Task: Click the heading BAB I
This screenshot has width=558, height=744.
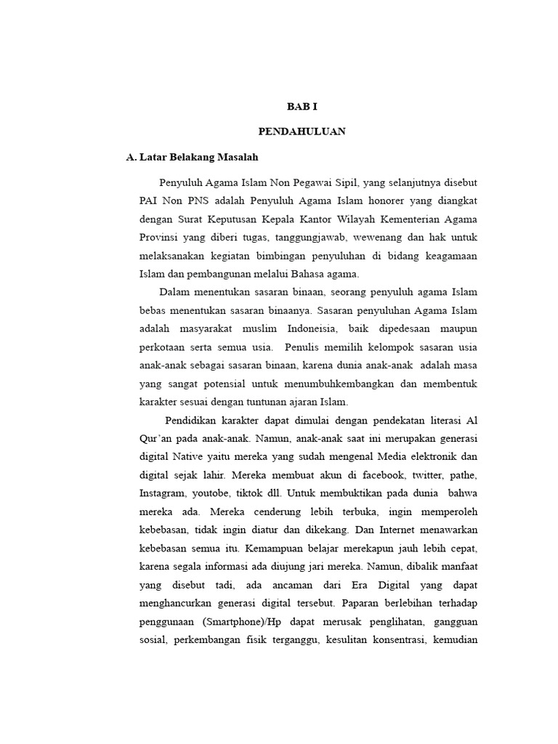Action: pos(302,106)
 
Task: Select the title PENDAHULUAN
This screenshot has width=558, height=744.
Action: pos(302,132)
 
